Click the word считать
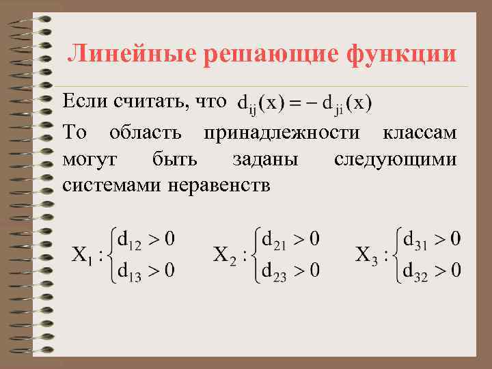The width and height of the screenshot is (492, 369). pyautogui.click(x=151, y=102)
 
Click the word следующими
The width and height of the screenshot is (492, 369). pyautogui.click(x=395, y=159)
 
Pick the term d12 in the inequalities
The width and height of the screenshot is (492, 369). pyautogui.click(x=130, y=241)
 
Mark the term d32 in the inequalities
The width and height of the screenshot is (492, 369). pyautogui.click(x=418, y=271)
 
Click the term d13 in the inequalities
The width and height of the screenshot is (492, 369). pyautogui.click(x=130, y=271)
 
